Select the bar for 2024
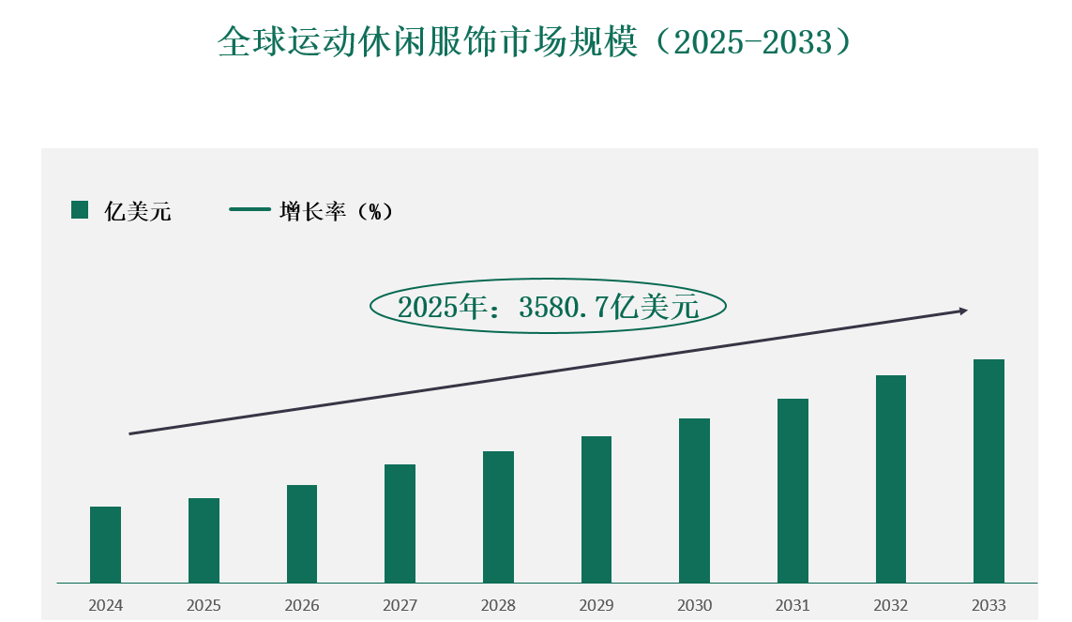(x=105, y=544)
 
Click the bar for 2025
(x=204, y=540)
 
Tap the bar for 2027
(x=400, y=523)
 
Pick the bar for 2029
(x=596, y=509)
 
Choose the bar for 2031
(x=793, y=491)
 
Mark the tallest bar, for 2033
(x=989, y=471)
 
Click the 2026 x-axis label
(x=302, y=605)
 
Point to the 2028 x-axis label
(x=498, y=605)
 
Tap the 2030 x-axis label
(x=695, y=605)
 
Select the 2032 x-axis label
(x=891, y=605)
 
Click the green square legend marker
(x=80, y=210)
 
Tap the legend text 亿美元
(x=138, y=211)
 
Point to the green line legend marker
(x=249, y=210)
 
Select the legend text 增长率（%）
(x=336, y=211)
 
